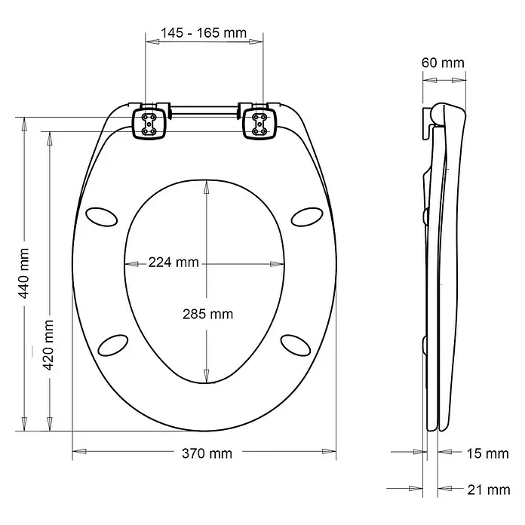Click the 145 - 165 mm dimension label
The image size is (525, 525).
pyautogui.click(x=204, y=34)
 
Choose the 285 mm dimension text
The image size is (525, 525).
pyautogui.click(x=207, y=314)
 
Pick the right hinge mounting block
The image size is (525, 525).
pyautogui.click(x=260, y=123)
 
